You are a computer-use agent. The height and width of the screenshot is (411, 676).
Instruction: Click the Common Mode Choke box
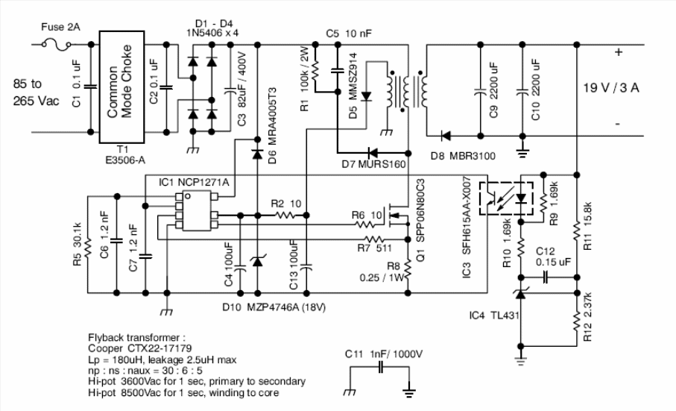click(121, 87)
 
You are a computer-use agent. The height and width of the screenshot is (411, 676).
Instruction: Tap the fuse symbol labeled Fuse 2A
click(57, 44)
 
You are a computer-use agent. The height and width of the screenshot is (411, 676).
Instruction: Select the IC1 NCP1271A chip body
click(197, 211)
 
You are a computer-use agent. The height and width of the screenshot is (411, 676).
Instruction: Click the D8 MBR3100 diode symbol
click(446, 137)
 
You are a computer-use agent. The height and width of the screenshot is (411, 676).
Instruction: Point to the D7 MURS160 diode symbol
click(372, 153)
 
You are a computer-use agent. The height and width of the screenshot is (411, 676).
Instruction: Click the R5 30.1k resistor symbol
click(88, 247)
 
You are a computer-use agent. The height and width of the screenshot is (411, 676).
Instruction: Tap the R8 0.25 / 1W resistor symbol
click(408, 272)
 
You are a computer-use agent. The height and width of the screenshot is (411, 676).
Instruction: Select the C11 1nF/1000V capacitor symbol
click(380, 368)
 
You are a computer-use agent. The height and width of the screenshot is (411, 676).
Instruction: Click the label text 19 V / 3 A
click(611, 88)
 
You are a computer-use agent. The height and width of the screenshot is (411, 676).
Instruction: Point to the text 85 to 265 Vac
click(37, 92)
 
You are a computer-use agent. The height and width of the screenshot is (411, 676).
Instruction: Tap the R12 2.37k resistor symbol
click(577, 320)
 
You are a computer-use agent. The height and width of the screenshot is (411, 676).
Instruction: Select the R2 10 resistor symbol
click(285, 216)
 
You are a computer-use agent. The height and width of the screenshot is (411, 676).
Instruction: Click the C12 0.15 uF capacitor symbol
click(545, 277)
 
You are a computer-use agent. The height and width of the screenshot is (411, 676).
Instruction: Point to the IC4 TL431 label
click(494, 316)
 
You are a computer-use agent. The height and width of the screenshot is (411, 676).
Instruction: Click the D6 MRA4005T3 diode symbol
click(257, 154)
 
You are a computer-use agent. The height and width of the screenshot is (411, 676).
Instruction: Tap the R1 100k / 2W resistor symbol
click(315, 70)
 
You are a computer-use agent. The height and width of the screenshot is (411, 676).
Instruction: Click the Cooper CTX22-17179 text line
click(140, 348)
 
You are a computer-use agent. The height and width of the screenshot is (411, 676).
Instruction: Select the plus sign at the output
click(619, 52)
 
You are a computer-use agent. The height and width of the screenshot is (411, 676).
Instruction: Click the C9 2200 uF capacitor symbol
click(480, 92)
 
